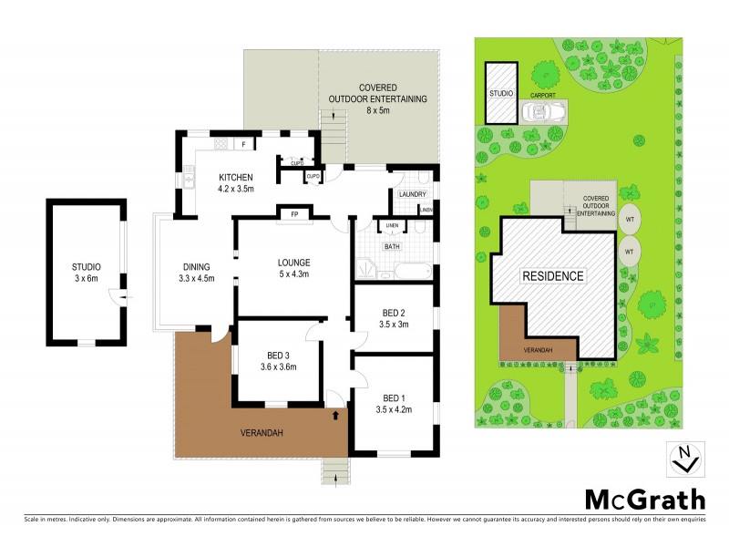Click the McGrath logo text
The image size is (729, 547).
coord(644,499)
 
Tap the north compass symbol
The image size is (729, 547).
coord(684,459)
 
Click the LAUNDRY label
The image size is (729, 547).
coord(412,194)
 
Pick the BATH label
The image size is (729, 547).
coord(392,246)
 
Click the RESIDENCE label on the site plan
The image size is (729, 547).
coord(552,275)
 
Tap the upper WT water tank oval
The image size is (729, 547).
coord(629,221)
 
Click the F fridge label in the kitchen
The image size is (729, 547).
coord(243,144)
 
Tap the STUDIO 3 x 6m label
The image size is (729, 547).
coord(85,273)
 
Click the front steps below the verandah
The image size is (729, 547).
coord(334,471)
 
